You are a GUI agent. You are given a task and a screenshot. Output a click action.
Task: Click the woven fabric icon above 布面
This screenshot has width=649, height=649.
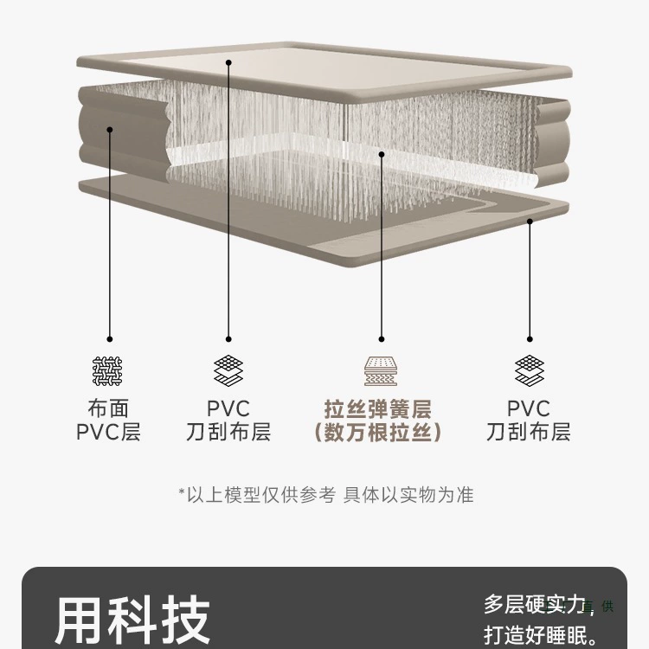tap(107, 371)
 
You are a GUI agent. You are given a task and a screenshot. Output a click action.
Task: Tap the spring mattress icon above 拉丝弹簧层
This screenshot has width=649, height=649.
tap(381, 371)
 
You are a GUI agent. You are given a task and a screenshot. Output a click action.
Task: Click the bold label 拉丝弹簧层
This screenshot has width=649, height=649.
tap(377, 409)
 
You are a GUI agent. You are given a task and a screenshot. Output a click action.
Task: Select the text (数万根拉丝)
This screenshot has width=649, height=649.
tap(377, 432)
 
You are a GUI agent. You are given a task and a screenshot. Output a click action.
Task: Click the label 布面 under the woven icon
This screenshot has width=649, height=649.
tap(108, 408)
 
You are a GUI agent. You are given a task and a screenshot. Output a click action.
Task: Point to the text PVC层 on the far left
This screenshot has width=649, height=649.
tap(108, 432)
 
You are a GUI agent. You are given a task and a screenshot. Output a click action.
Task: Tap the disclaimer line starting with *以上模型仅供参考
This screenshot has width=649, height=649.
tap(326, 495)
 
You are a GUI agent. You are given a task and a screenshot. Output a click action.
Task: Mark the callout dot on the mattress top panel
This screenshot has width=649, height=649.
tap(228, 62)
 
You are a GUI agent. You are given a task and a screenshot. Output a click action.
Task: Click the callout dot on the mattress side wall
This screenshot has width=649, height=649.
tap(110, 130)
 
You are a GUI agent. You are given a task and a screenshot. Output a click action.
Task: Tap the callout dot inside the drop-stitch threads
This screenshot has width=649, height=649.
tap(382, 154)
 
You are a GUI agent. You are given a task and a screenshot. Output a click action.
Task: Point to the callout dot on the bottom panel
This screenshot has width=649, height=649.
tap(530, 222)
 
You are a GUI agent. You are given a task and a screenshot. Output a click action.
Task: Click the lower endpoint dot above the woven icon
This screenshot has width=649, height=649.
tap(110, 339)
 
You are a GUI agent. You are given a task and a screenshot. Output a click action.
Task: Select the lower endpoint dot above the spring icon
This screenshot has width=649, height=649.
tap(382, 339)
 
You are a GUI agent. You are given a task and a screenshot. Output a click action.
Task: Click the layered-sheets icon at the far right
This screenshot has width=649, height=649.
tap(530, 370)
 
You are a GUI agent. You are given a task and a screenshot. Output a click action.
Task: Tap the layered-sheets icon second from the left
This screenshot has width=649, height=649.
tap(228, 370)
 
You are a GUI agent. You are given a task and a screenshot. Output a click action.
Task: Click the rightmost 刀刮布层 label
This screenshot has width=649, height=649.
tap(529, 432)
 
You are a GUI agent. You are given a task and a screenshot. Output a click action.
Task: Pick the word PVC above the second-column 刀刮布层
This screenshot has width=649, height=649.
tap(228, 408)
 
